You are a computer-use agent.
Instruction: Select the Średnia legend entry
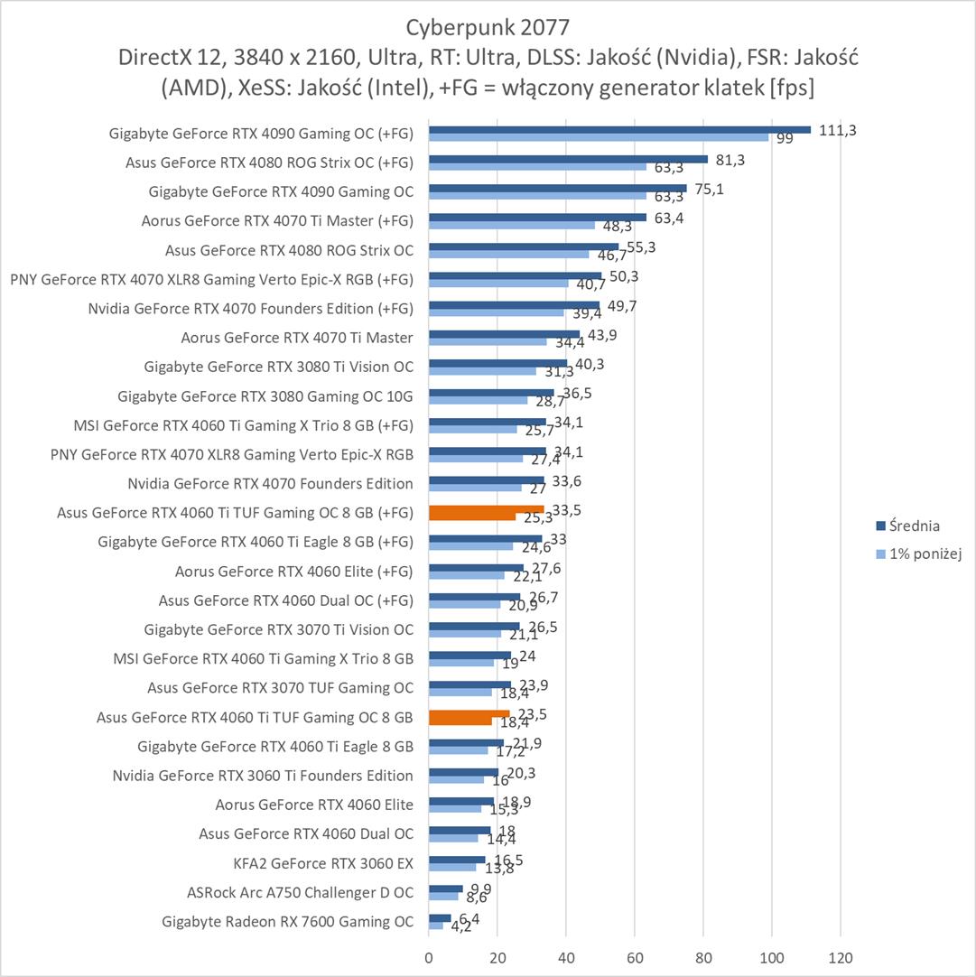click(x=914, y=526)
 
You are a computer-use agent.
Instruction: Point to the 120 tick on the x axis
click(x=841, y=956)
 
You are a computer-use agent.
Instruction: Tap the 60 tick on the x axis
click(x=635, y=956)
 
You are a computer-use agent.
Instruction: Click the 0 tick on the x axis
click(x=429, y=956)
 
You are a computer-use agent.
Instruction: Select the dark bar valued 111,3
click(x=619, y=129)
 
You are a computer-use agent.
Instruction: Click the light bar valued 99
click(x=599, y=137)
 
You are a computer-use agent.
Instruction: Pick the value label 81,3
click(x=730, y=160)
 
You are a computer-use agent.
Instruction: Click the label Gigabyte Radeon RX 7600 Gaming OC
click(x=287, y=922)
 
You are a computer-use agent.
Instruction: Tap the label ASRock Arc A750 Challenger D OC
click(x=300, y=893)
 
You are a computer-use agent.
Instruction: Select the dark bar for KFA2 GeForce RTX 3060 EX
click(x=457, y=860)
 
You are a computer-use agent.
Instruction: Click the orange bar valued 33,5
click(x=486, y=509)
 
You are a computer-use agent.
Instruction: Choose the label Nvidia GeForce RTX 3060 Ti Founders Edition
click(x=263, y=776)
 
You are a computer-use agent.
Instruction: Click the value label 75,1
click(x=709, y=189)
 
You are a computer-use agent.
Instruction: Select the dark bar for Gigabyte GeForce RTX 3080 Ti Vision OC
click(x=497, y=363)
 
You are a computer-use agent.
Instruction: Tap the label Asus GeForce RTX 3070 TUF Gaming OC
click(x=280, y=688)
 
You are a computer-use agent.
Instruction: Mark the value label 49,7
click(x=622, y=306)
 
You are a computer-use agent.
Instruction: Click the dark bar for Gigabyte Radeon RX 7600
click(x=440, y=918)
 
